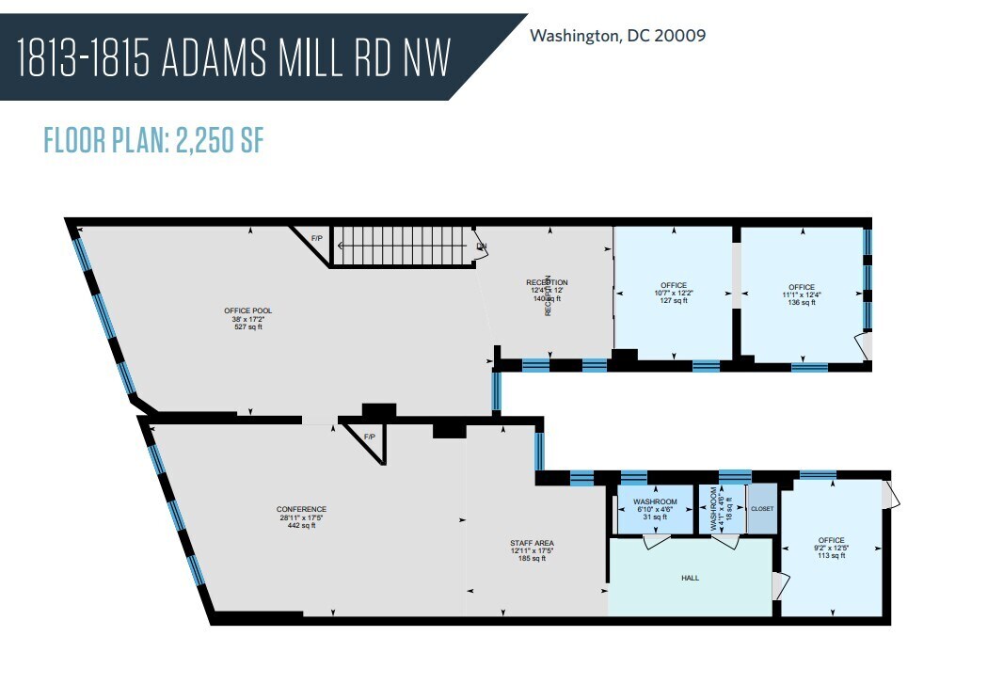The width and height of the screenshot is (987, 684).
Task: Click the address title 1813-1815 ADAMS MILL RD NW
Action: pyautogui.click(x=233, y=58)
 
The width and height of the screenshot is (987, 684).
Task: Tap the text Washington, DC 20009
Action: pyautogui.click(x=618, y=36)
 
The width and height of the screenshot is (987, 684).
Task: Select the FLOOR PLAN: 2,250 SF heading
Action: pyautogui.click(x=153, y=140)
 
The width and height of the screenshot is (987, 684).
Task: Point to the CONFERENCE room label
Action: pyautogui.click(x=301, y=517)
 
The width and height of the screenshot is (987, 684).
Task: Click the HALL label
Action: pyautogui.click(x=690, y=578)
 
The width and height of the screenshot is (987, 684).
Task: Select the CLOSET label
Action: pyautogui.click(x=762, y=508)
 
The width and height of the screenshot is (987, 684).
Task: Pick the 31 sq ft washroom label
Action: pyautogui.click(x=655, y=509)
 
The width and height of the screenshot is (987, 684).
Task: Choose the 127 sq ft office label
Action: pyautogui.click(x=674, y=294)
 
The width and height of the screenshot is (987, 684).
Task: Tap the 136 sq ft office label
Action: pyautogui.click(x=802, y=294)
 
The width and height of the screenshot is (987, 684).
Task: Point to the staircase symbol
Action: pyautogui.click(x=402, y=246)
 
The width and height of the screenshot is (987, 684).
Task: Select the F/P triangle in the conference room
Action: pyautogui.click(x=370, y=438)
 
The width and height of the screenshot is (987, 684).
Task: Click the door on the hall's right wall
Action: pyautogui.click(x=776, y=586)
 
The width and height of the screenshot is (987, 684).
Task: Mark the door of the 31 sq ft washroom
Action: pyautogui.click(x=655, y=541)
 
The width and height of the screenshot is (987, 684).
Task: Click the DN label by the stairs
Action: pyautogui.click(x=481, y=247)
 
